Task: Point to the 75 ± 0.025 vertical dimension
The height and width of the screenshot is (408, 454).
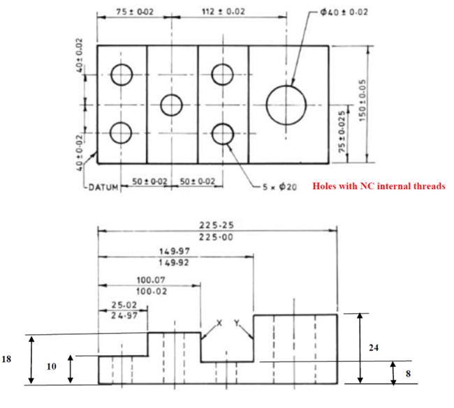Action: (342, 133)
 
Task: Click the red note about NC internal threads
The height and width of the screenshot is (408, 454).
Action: (378, 187)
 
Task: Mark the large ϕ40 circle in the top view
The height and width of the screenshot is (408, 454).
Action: (286, 105)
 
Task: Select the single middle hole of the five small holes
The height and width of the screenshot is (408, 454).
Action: (171, 105)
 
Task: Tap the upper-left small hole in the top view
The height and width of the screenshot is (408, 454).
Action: (122, 74)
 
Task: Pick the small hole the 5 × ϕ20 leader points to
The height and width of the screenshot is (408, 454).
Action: (223, 133)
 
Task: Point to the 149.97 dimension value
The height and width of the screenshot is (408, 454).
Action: (174, 251)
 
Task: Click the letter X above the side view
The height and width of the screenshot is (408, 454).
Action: (219, 323)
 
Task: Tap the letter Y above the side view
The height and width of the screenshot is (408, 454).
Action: (237, 323)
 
